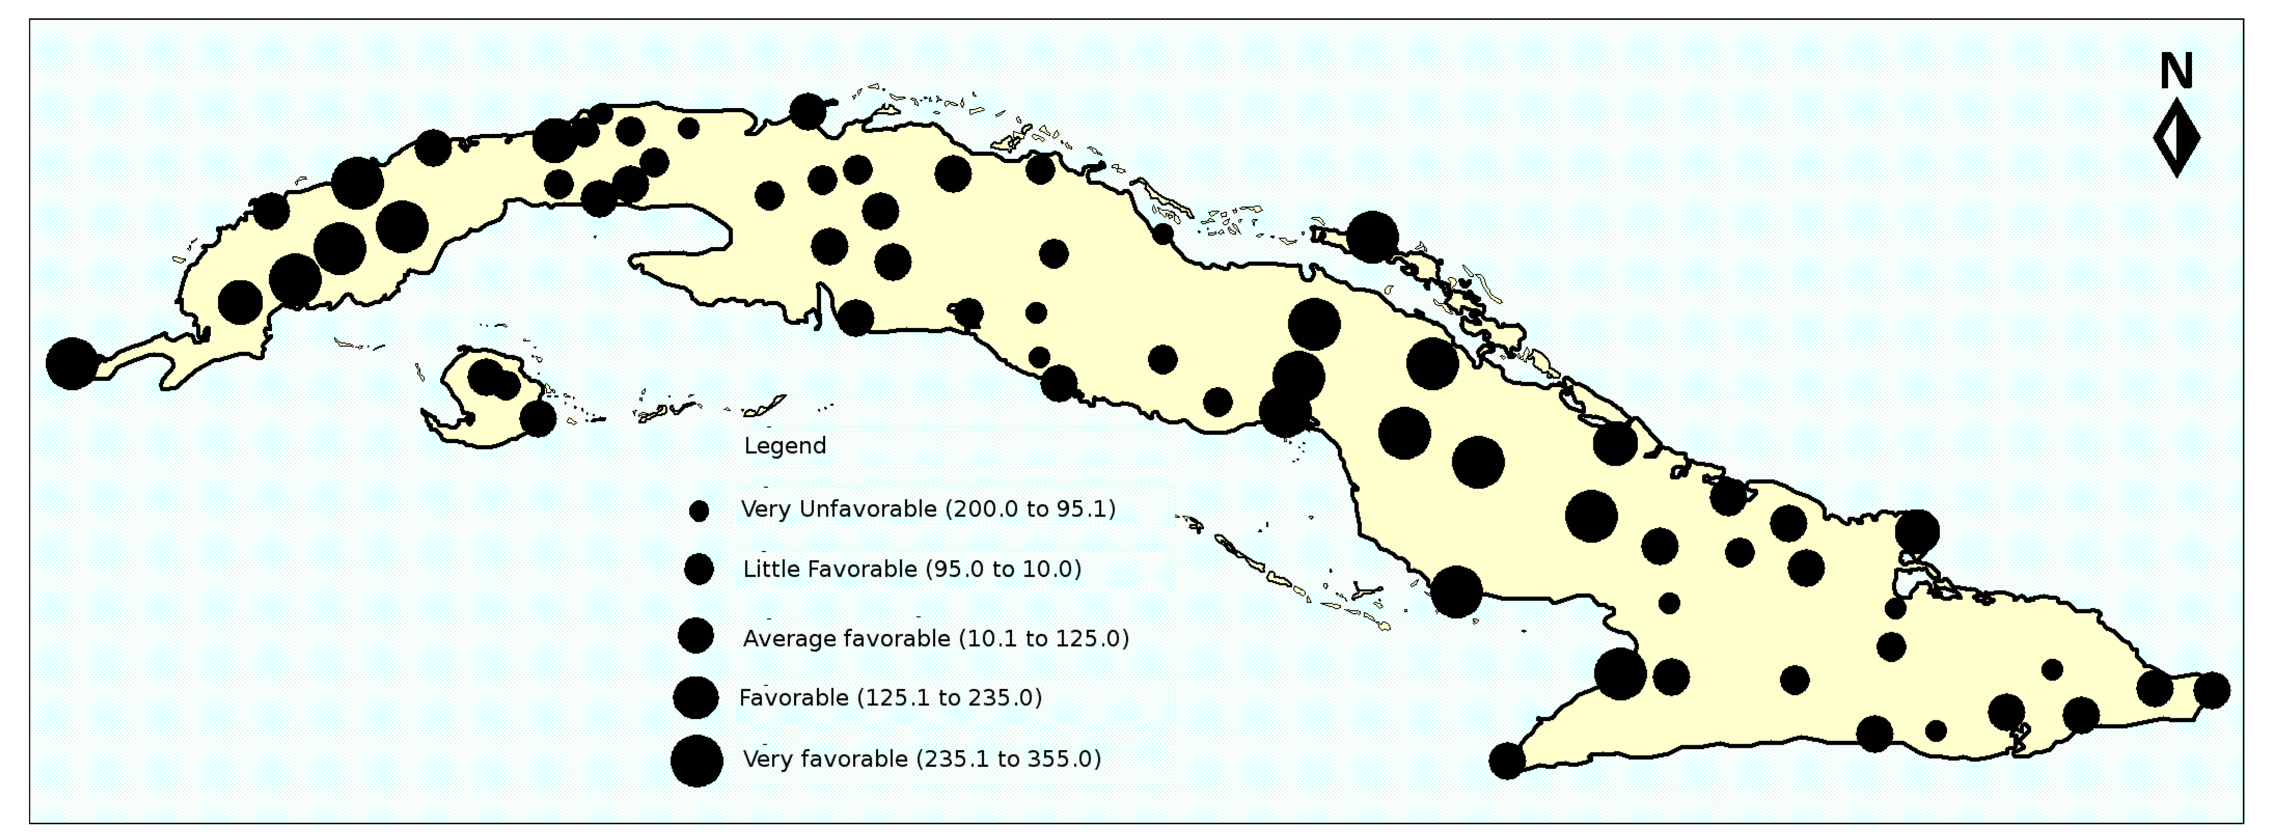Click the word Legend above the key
pyautogui.click(x=784, y=446)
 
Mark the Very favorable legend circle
pyautogui.click(x=697, y=761)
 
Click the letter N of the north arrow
pyautogui.click(x=2176, y=71)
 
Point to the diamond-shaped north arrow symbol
pyautogui.click(x=2176, y=138)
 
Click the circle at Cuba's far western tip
pyautogui.click(x=71, y=363)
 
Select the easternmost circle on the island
pyautogui.click(x=2211, y=690)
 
